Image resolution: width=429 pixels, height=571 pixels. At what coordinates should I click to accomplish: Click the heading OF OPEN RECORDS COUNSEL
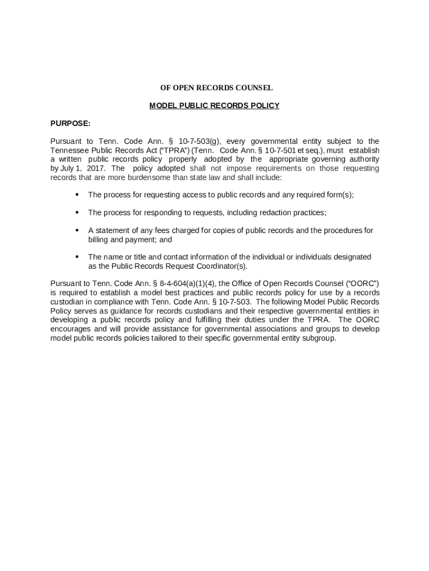(x=216, y=88)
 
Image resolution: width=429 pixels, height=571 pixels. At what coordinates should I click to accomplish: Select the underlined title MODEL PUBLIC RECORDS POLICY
(x=214, y=105)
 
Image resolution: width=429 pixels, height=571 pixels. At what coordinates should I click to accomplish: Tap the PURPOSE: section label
(x=70, y=123)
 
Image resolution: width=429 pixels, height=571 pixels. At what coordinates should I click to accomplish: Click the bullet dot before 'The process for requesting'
(x=76, y=195)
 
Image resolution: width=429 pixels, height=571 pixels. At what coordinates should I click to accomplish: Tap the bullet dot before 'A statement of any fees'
(x=76, y=230)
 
